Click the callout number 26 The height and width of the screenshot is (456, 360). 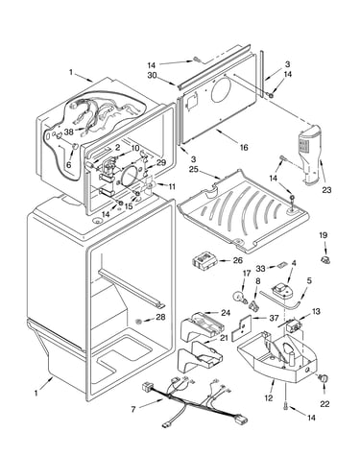click(x=237, y=260)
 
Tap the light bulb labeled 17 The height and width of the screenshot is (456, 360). click(x=241, y=296)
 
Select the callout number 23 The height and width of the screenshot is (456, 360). click(x=326, y=190)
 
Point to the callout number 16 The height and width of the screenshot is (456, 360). click(x=244, y=148)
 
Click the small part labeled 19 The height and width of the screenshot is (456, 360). click(x=325, y=259)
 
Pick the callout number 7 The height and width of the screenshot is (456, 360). click(x=133, y=409)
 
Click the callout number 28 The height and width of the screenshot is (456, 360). click(x=160, y=317)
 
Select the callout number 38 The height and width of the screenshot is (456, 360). click(x=69, y=132)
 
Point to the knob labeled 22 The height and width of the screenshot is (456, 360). click(x=324, y=379)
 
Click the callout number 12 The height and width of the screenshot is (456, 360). click(x=269, y=398)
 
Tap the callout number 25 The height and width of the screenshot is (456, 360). click(x=193, y=169)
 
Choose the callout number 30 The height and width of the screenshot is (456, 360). click(x=152, y=75)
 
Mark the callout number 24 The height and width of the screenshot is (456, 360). click(x=226, y=313)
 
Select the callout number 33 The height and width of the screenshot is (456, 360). click(x=261, y=269)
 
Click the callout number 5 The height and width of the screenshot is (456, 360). click(x=309, y=281)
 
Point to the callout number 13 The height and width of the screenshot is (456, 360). click(x=316, y=311)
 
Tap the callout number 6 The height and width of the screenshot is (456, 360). click(x=68, y=165)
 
